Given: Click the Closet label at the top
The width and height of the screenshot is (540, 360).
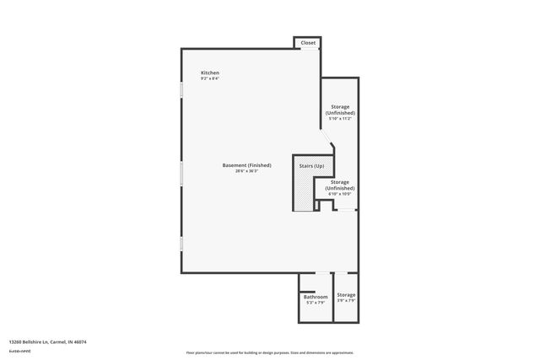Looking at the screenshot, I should (308, 42).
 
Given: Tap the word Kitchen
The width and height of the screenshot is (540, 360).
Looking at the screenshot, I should (210, 73).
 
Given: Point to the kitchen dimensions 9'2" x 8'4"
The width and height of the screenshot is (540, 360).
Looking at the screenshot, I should (210, 79).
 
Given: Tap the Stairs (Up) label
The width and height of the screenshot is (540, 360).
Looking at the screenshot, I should (311, 166).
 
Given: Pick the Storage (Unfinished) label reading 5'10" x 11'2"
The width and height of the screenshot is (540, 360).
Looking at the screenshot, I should (340, 110).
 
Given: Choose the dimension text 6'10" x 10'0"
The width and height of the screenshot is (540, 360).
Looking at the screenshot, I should (340, 193).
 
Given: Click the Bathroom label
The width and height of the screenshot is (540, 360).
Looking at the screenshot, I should (316, 297).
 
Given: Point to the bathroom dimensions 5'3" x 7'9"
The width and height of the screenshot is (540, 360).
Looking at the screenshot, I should (316, 303).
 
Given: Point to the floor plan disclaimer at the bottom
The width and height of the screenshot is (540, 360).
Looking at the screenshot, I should (269, 352).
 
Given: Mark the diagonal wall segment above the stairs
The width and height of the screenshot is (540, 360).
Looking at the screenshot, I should (327, 138).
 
